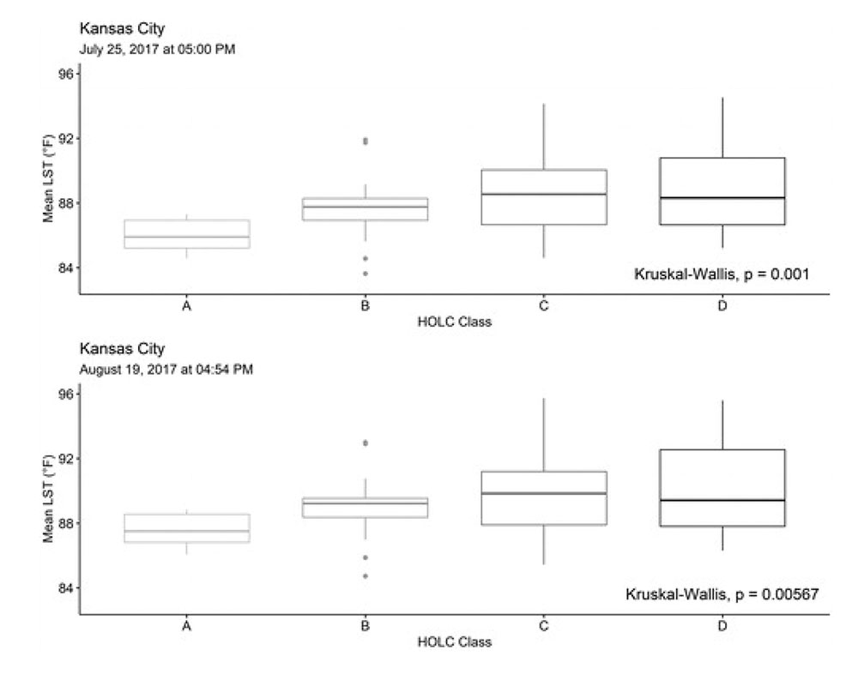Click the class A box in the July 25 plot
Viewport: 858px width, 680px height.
click(186, 234)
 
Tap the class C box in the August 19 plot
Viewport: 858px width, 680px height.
click(544, 498)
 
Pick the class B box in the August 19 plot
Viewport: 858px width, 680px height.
click(366, 507)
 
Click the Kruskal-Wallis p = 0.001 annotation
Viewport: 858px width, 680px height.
click(722, 274)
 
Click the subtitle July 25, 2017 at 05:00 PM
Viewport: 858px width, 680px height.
click(156, 49)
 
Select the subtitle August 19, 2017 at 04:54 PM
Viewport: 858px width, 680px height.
click(166, 370)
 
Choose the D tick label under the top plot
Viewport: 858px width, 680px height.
click(722, 306)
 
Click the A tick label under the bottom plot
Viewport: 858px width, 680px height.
click(186, 627)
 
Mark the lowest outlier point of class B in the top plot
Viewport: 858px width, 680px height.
click(366, 274)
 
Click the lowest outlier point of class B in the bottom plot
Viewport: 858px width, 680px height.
click(366, 576)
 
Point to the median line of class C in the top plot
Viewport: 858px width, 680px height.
click(544, 194)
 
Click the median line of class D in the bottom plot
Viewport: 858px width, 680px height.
click(722, 500)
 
